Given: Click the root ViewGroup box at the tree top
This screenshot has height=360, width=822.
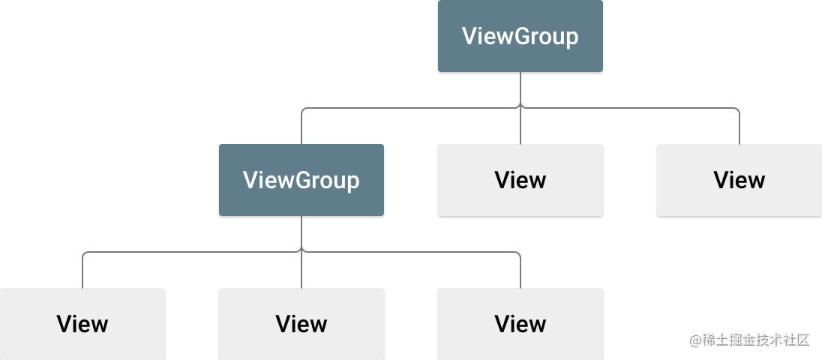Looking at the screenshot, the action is click(x=520, y=36).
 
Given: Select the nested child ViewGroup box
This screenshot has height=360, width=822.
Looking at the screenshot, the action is click(x=301, y=180).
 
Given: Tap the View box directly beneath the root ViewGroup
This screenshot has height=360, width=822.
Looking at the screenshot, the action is click(x=520, y=180).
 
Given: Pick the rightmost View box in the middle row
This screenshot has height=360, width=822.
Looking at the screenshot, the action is click(x=739, y=180).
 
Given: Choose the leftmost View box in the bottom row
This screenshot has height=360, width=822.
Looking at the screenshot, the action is click(x=82, y=324).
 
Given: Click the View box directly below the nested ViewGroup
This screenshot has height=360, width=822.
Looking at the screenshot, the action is click(x=301, y=324).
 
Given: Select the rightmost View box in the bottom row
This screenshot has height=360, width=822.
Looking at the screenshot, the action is click(x=520, y=324).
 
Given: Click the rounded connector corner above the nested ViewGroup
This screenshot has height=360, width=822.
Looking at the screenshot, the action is click(x=303, y=109).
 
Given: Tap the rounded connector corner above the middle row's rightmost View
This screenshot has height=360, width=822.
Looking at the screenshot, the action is click(x=737, y=109).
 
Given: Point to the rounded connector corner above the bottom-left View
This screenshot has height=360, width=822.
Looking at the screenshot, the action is click(x=85, y=253).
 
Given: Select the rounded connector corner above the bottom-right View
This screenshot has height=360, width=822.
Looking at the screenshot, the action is click(x=518, y=253).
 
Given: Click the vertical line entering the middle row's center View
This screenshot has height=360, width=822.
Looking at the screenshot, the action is click(x=520, y=126).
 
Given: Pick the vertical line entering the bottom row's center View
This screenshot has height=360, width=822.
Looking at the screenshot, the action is click(x=301, y=271).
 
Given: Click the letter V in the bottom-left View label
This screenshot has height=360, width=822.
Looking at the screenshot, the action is click(x=65, y=324).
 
